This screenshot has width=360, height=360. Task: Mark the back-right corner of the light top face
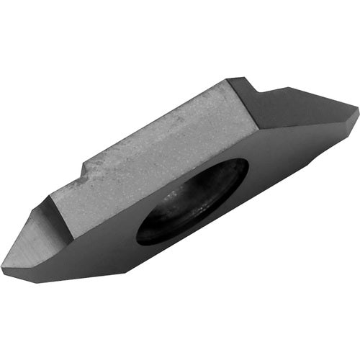(x=229, y=81)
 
